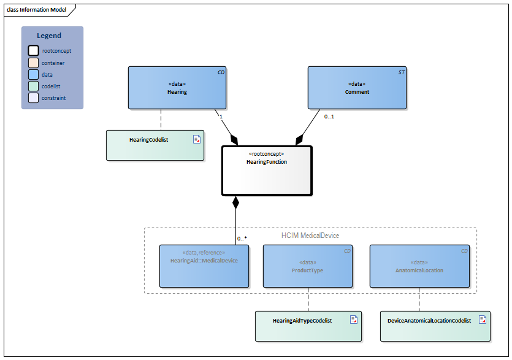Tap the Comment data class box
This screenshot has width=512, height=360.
click(357, 88)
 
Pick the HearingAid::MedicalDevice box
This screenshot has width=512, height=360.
click(204, 266)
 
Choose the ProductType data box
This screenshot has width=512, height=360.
click(307, 266)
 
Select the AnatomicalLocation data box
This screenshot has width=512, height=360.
click(419, 266)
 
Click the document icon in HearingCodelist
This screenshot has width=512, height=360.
click(197, 139)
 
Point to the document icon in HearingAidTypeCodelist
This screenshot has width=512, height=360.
click(354, 320)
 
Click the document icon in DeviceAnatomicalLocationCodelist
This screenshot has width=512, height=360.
click(483, 320)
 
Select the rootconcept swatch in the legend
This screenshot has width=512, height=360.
click(33, 51)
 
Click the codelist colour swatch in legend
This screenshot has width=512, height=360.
click(33, 86)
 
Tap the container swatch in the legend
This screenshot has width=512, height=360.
click(33, 63)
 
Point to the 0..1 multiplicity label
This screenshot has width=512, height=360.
click(329, 116)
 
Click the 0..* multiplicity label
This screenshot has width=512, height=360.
click(242, 238)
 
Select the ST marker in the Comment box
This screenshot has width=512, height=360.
click(401, 72)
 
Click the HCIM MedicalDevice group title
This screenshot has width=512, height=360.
click(310, 236)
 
